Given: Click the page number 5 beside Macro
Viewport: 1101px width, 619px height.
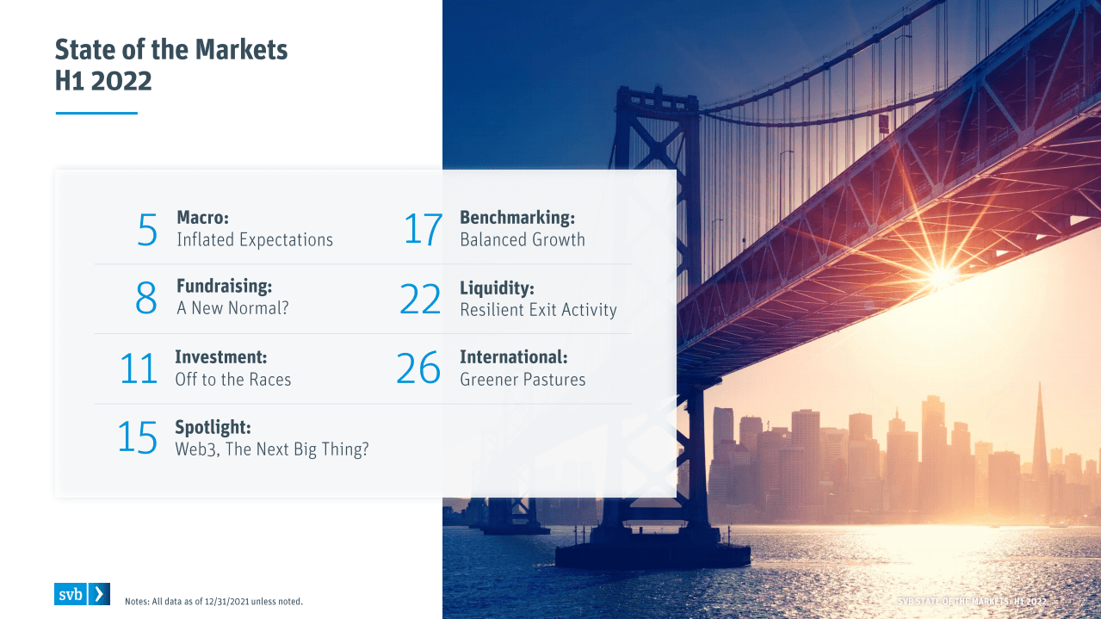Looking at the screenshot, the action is (x=147, y=230).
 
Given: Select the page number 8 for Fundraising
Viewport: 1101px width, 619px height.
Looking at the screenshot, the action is (x=146, y=298).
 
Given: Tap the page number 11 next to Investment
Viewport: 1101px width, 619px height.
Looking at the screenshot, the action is (x=139, y=368).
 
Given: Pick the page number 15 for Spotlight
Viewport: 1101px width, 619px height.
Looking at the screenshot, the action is (x=137, y=437).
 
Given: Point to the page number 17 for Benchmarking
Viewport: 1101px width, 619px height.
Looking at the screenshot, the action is (x=423, y=230).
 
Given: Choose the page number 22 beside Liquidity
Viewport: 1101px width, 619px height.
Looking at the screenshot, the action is (x=420, y=299).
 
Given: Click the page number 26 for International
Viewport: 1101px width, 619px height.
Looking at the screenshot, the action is (x=418, y=368).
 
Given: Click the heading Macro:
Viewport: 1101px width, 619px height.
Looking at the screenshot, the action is (x=202, y=217).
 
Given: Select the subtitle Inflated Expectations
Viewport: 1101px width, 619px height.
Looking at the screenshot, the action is (x=255, y=240).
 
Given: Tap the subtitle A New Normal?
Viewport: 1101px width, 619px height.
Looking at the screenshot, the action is (x=232, y=308).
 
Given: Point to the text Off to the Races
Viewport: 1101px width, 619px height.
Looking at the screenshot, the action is (x=233, y=380).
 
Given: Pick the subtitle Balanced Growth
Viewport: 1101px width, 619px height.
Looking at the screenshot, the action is (x=523, y=240).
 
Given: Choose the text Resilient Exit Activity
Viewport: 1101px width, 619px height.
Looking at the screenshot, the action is (x=538, y=310).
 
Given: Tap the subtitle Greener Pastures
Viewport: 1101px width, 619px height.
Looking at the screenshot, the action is (x=523, y=380).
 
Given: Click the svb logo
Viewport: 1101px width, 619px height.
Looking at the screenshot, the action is (x=82, y=594).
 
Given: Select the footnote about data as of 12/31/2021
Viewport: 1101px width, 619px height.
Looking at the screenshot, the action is (x=213, y=601).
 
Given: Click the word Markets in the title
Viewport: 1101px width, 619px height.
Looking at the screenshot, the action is (x=241, y=50).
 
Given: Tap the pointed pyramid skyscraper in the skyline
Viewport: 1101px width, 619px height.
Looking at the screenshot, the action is (x=1039, y=443).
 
